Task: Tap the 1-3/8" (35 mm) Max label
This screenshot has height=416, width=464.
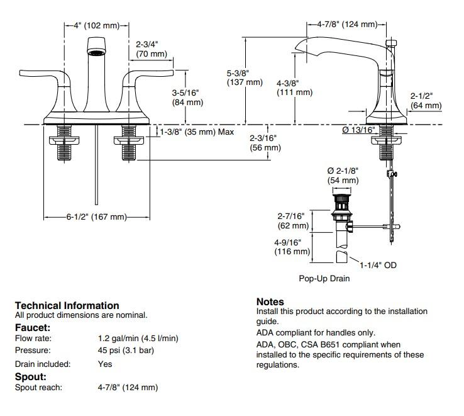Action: (196, 132)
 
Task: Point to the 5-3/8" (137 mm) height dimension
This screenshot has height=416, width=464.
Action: (245, 77)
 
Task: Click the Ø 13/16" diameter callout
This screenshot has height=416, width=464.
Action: (358, 130)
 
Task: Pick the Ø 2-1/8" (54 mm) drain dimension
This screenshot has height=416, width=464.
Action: (343, 176)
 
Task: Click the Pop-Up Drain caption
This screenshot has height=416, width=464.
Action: (324, 278)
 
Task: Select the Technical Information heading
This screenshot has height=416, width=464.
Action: (67, 305)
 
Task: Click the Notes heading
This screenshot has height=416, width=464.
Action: (270, 302)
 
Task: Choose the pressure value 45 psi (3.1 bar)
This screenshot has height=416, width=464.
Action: (126, 351)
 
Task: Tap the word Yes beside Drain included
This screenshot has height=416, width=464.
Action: (105, 364)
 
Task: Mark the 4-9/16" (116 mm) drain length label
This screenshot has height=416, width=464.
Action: (294, 247)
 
